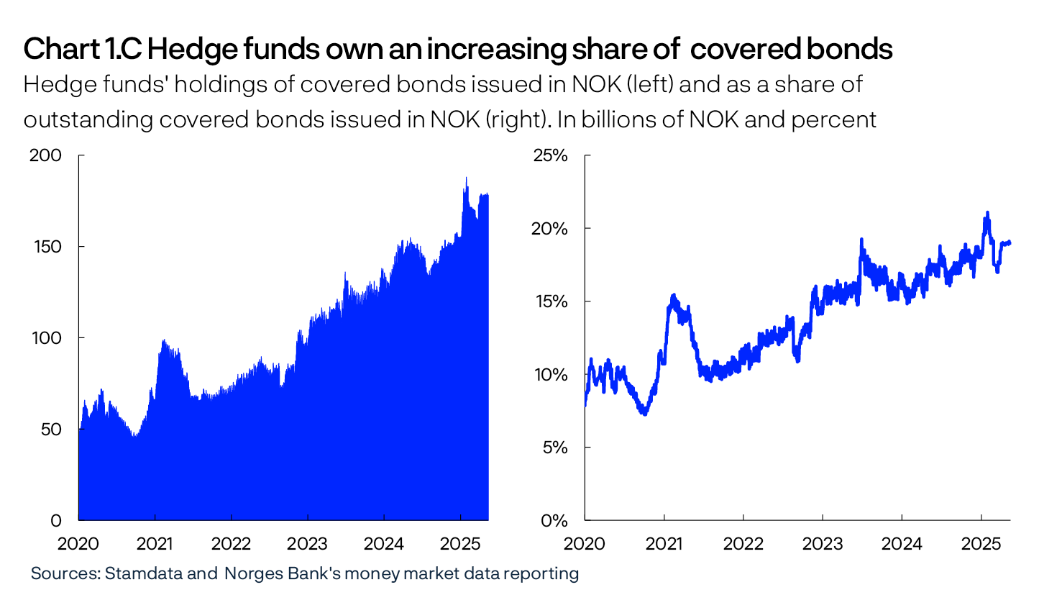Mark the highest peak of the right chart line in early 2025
click(x=987, y=212)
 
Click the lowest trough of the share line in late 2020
click(x=644, y=414)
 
